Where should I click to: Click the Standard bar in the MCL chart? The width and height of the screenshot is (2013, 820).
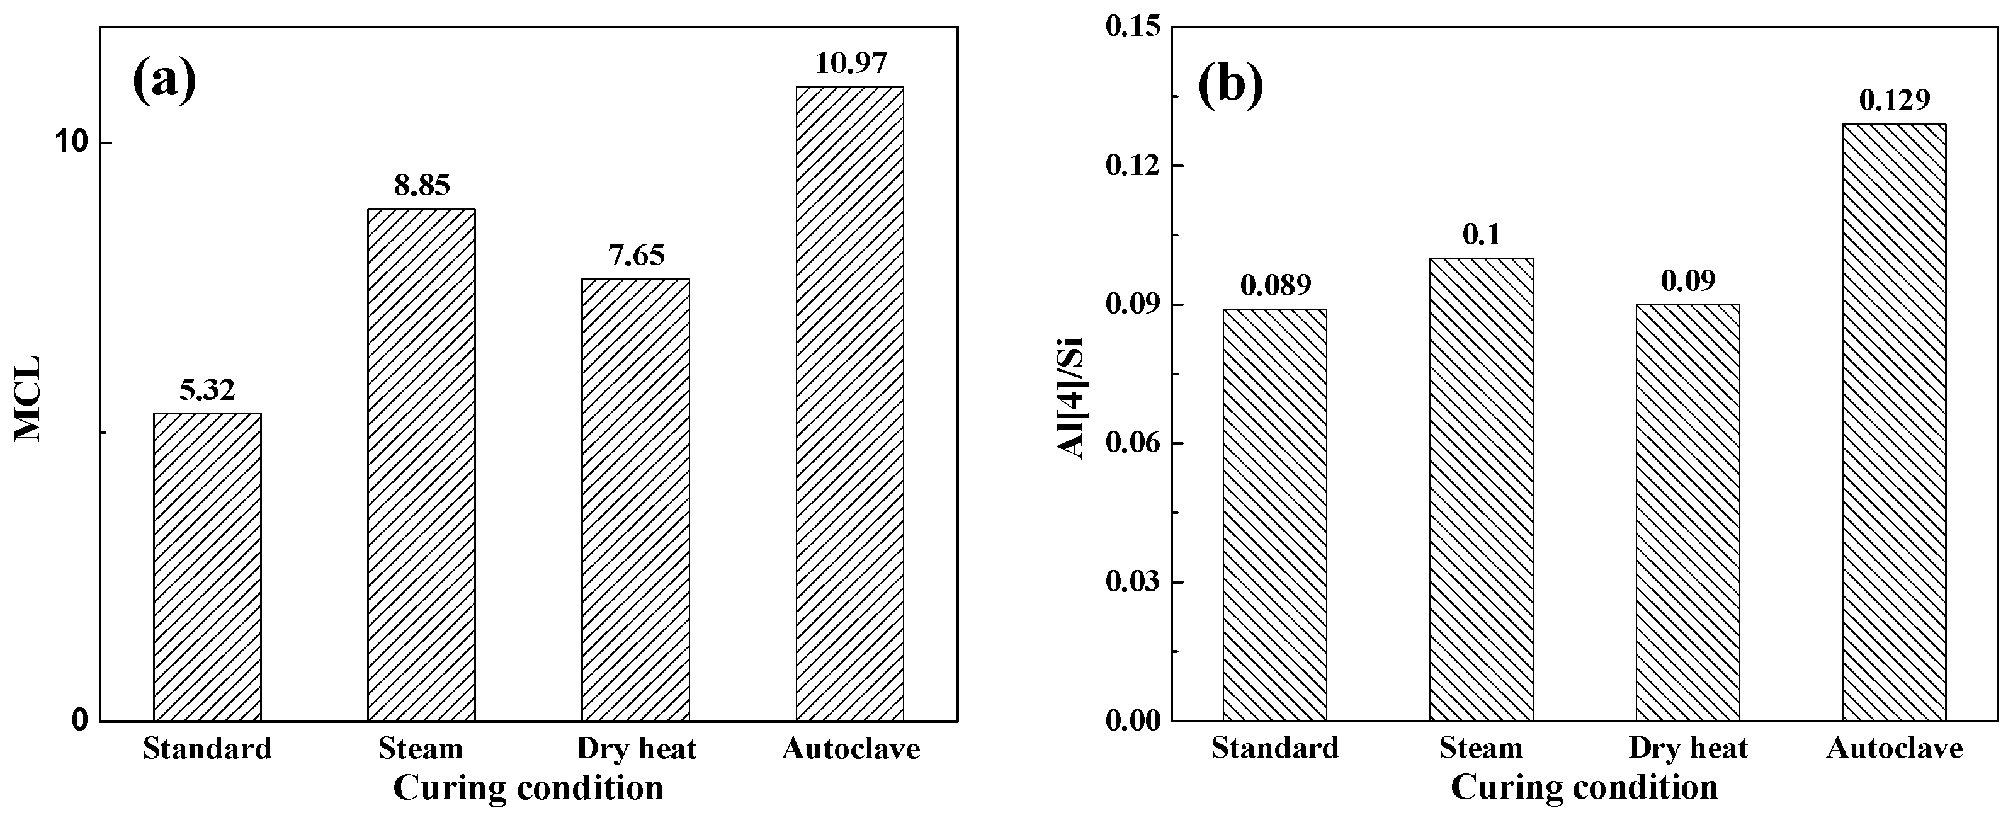pos(207,567)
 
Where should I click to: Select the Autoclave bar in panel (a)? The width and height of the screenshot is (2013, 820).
pos(849,402)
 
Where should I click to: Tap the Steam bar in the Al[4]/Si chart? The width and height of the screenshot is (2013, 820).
pos(1481,489)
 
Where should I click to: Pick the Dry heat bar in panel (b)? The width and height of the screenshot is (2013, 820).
pos(1688,512)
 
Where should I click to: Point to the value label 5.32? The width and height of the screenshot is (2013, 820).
pos(207,390)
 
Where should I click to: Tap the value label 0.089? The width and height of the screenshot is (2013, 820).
pos(1275,285)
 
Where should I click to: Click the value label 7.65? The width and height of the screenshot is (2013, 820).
pos(636,255)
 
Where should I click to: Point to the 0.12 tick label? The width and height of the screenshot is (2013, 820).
pos(1131,166)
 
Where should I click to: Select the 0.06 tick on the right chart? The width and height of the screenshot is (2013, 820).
pos(1131,443)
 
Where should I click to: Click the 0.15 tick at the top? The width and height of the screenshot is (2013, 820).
pos(1131,27)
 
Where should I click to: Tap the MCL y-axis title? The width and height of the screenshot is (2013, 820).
pos(29,399)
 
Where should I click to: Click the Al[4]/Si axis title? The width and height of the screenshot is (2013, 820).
pos(1070,399)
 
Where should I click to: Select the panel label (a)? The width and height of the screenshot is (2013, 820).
pos(164,82)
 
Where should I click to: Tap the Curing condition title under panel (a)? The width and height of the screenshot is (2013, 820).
pos(528,787)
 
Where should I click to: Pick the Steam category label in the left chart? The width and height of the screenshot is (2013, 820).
pos(421,749)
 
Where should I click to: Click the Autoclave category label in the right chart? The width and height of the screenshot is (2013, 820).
pos(1894,749)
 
